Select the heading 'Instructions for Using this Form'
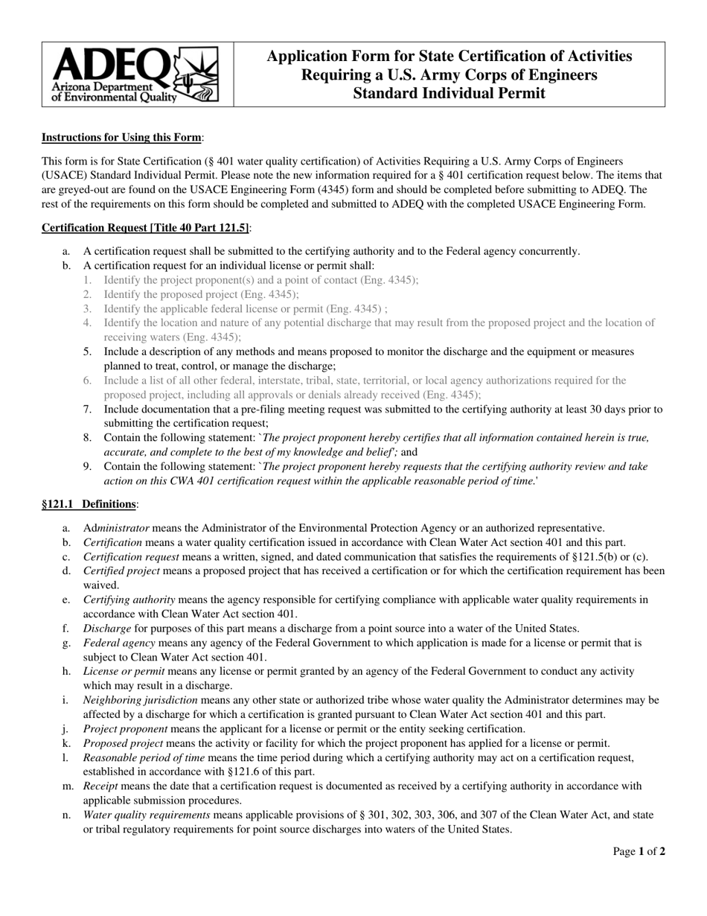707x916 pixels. (121, 137)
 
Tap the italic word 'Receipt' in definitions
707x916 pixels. (100, 786)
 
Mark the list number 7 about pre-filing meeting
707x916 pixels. (87, 409)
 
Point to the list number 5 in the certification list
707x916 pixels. (87, 352)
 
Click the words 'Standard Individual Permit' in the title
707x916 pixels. (449, 93)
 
